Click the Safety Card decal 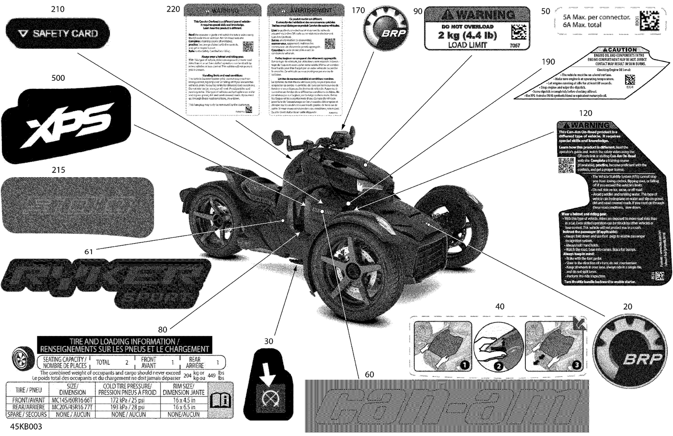pyautogui.click(x=53, y=33)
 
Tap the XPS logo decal pyautogui.click(x=67, y=124)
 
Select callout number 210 pyautogui.click(x=57, y=9)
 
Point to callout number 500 pyautogui.click(x=58, y=78)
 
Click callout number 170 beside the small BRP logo pyautogui.click(x=358, y=10)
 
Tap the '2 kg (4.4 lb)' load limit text pyautogui.click(x=468, y=35)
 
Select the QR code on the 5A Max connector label pyautogui.click(x=649, y=20)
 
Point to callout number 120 pyautogui.click(x=586, y=113)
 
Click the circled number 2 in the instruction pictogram pyautogui.click(x=498, y=366)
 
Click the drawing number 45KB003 pyautogui.click(x=26, y=427)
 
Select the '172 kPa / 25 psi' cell pyautogui.click(x=128, y=400)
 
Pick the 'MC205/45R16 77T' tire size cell pyautogui.click(x=72, y=407)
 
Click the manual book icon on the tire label pyautogui.click(x=220, y=399)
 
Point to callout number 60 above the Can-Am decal pyautogui.click(x=369, y=374)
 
